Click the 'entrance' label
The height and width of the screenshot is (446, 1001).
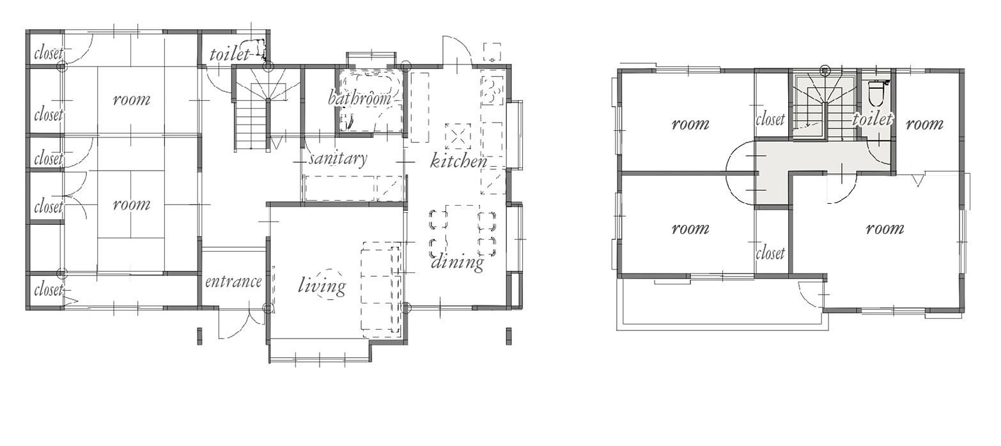(233, 282)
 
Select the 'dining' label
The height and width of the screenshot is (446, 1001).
(457, 262)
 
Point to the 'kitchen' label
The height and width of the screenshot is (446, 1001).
(458, 161)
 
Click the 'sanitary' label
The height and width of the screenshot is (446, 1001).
(338, 158)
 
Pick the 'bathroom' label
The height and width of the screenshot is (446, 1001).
(360, 98)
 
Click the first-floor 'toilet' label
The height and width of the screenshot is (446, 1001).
(229, 54)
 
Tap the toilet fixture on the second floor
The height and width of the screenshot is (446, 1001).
(876, 93)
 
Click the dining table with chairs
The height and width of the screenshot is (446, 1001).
(462, 231)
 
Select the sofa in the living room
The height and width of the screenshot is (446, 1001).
(381, 289)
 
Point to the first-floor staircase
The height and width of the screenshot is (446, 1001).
(267, 109)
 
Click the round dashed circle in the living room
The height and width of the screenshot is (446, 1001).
(330, 284)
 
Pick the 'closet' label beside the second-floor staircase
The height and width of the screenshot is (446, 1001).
(770, 119)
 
